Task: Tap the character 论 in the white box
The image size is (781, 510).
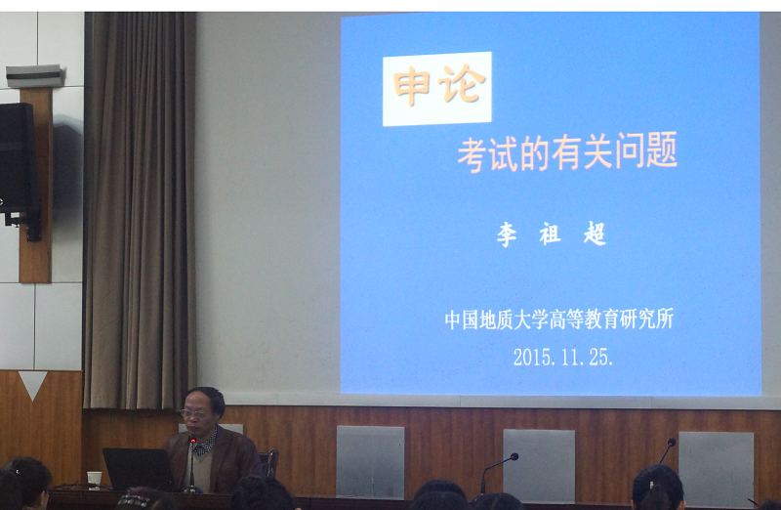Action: [462, 84]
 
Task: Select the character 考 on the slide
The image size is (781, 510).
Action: [472, 155]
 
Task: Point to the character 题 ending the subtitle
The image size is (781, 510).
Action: [662, 149]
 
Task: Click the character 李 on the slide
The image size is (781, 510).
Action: [507, 234]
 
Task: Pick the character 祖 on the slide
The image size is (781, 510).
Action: [551, 234]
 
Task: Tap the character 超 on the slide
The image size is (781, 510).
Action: [595, 233]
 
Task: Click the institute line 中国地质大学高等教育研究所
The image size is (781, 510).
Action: [559, 319]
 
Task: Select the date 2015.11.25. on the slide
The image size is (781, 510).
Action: [563, 357]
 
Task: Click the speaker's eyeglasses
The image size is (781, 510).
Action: [194, 413]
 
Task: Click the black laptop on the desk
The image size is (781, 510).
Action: [138, 469]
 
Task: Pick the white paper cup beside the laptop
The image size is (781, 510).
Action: [94, 480]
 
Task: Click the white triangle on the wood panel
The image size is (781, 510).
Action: [33, 385]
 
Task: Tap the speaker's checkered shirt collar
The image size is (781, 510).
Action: [207, 444]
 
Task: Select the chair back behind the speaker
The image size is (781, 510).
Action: [268, 463]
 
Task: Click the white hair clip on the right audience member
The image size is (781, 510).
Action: [652, 483]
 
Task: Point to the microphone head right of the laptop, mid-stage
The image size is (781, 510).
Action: [514, 456]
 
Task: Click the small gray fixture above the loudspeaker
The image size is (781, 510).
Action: [34, 76]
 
